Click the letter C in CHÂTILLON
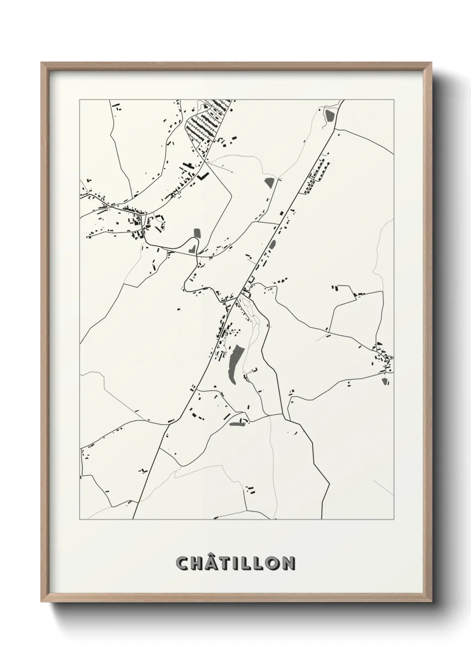tap(183, 563)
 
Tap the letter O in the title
tap(274, 563)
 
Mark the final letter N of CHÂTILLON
tap(289, 563)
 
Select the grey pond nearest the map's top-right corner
tap(329, 115)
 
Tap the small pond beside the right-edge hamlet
tap(385, 381)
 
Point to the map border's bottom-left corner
tap(80, 520)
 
